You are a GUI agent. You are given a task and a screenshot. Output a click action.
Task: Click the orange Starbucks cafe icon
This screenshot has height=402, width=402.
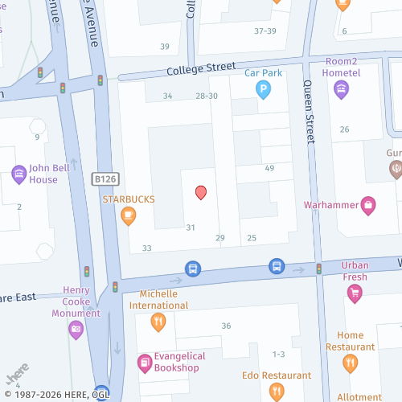(x=128, y=215)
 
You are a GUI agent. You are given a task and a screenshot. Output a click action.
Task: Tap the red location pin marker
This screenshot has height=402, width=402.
(x=201, y=192)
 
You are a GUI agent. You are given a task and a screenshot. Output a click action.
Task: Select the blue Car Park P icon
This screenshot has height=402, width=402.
(x=263, y=91)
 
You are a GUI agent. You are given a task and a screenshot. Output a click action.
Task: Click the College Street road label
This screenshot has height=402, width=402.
(x=201, y=69)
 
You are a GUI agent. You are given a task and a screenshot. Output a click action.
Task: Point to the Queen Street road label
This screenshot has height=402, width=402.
(x=308, y=112)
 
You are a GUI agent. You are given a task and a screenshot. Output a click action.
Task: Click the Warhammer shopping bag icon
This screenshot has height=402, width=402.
(x=368, y=204)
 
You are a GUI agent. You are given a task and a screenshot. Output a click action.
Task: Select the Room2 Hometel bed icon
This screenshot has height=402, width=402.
(x=341, y=88)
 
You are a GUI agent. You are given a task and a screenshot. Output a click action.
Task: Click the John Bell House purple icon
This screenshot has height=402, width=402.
(x=18, y=174)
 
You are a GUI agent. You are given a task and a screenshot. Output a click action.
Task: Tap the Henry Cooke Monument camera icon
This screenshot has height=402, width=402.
(x=76, y=328)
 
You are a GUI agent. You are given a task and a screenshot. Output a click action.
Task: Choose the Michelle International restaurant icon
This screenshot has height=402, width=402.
(x=158, y=322)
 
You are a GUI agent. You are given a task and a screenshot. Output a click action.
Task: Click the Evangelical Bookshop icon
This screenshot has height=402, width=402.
(x=144, y=363)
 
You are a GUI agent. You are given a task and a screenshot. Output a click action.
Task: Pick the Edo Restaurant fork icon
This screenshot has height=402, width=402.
(x=277, y=392)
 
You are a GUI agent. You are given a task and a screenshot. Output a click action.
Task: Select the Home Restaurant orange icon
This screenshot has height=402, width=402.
(x=350, y=363)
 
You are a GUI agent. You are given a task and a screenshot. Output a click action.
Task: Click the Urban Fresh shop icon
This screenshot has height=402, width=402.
(x=354, y=295)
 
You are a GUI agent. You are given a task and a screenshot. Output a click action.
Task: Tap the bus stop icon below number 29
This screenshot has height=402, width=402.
(x=193, y=268)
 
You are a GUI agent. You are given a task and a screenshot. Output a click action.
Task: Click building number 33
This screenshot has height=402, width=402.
(x=147, y=248)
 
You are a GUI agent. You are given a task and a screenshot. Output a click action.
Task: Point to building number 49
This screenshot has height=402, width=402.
(x=269, y=168)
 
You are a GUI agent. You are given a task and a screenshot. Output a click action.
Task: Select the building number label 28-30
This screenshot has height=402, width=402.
(x=207, y=96)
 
